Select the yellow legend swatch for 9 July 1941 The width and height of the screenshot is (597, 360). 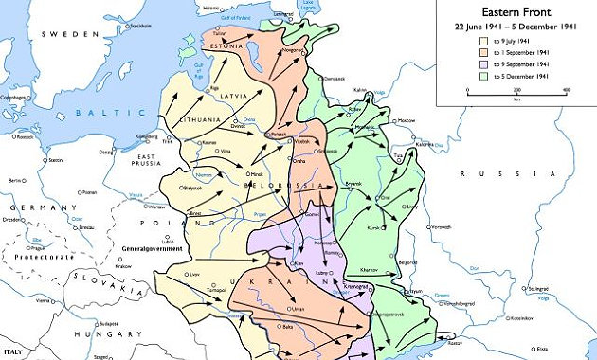coord(483,42)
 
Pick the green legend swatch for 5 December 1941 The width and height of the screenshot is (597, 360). coord(483,76)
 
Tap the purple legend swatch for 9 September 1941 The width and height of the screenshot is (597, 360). coord(483,64)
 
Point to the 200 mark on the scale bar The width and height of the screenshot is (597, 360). coord(516,88)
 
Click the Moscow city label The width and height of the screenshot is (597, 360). coord(407,121)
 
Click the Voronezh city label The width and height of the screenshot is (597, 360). coord(441,228)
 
